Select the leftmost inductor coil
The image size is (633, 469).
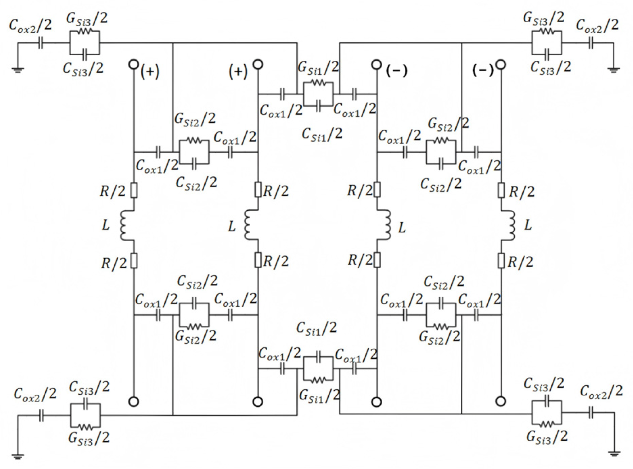pyautogui.click(x=125, y=225)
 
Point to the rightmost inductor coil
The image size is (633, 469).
pyautogui.click(x=510, y=225)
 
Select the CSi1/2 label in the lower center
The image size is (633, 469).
pyautogui.click(x=316, y=328)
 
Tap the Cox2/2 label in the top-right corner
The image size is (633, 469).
pyautogui.click(x=597, y=25)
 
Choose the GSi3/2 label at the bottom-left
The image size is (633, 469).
pyautogui.click(x=89, y=438)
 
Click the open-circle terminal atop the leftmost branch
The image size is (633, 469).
pyautogui.click(x=133, y=65)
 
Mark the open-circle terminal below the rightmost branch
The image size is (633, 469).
pyautogui.click(x=501, y=401)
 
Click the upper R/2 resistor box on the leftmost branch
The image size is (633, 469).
pyautogui.click(x=134, y=190)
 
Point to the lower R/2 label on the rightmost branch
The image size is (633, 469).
pyautogui.click(x=520, y=262)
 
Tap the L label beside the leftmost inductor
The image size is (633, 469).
pyautogui.click(x=105, y=225)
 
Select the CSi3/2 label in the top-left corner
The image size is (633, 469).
pyautogui.click(x=83, y=68)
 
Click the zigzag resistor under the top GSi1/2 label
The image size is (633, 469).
pyautogui.click(x=318, y=83)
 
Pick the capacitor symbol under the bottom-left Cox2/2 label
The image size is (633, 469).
pyautogui.click(x=41, y=416)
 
